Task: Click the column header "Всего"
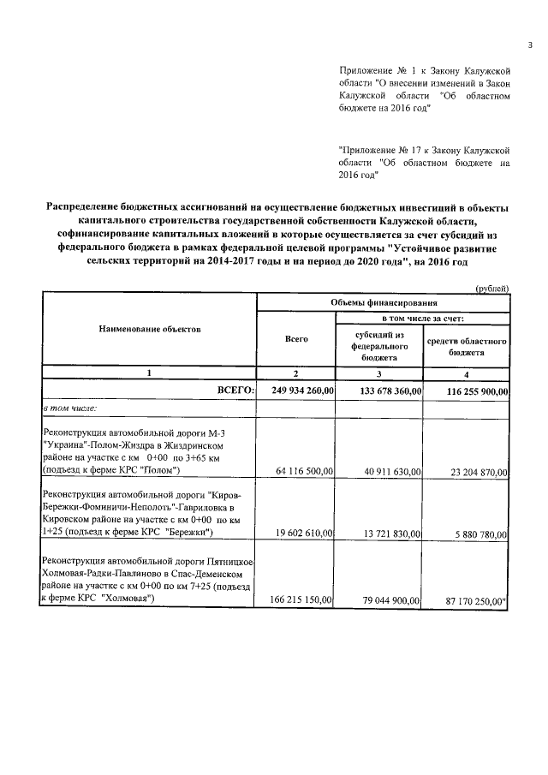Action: [296, 339]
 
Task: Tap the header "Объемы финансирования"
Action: [384, 302]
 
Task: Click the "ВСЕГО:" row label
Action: [234, 391]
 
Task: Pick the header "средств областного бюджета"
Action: [468, 346]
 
